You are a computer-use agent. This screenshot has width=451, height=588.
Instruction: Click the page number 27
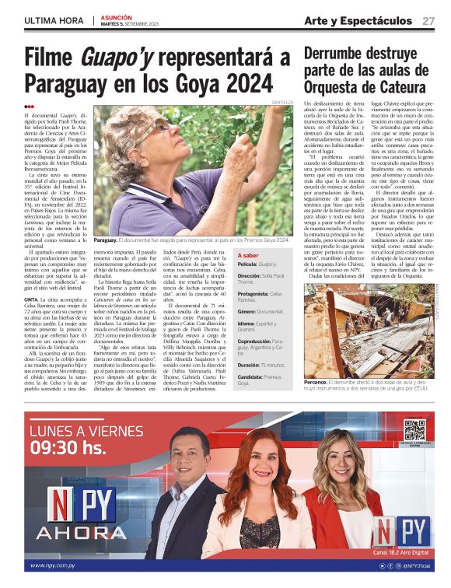click(428, 20)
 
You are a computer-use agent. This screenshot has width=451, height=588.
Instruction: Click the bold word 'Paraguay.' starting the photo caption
click(105, 240)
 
